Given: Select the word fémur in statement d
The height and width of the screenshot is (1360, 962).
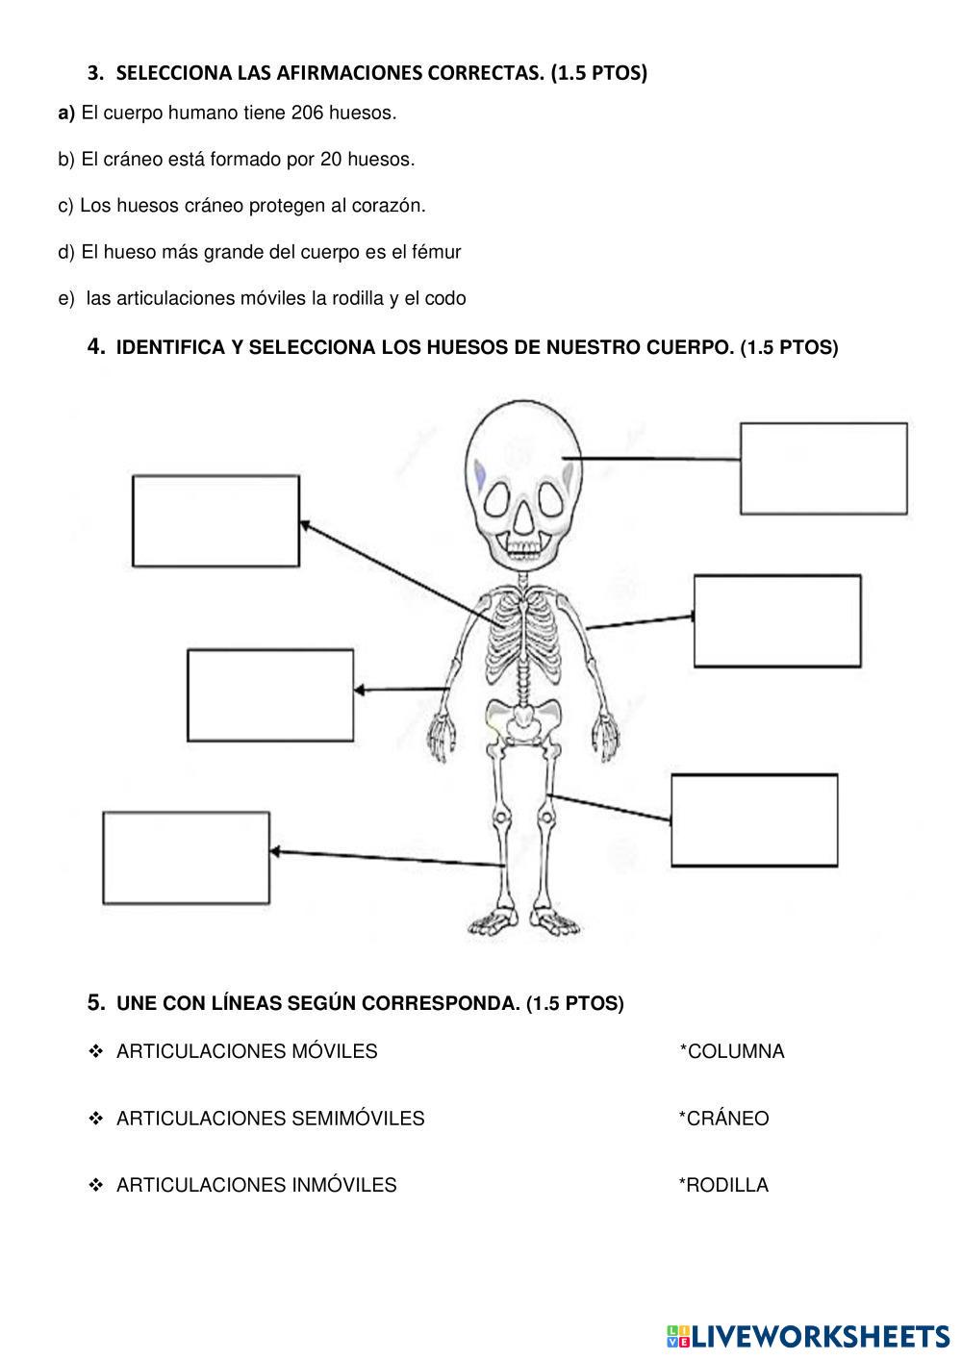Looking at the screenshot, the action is (438, 252).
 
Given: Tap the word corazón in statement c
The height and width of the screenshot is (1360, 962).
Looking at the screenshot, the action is (391, 206).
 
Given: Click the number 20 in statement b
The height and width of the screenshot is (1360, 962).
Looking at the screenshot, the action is (331, 160).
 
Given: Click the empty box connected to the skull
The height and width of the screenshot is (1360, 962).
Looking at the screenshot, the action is (823, 468).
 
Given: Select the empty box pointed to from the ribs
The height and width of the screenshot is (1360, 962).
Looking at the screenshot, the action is (215, 520).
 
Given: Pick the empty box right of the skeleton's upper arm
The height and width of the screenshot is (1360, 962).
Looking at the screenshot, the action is (777, 621).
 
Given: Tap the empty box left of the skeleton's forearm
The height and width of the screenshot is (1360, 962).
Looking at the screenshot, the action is (270, 694).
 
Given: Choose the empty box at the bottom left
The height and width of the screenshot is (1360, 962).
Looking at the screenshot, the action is (186, 858).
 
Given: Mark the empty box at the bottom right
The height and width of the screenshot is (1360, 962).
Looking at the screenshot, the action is (754, 820).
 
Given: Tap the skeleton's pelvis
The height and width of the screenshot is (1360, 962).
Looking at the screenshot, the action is (522, 718).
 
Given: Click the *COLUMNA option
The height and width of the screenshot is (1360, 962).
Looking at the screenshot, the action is (732, 1052).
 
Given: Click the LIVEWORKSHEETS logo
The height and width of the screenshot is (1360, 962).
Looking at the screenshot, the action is (808, 1335).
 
